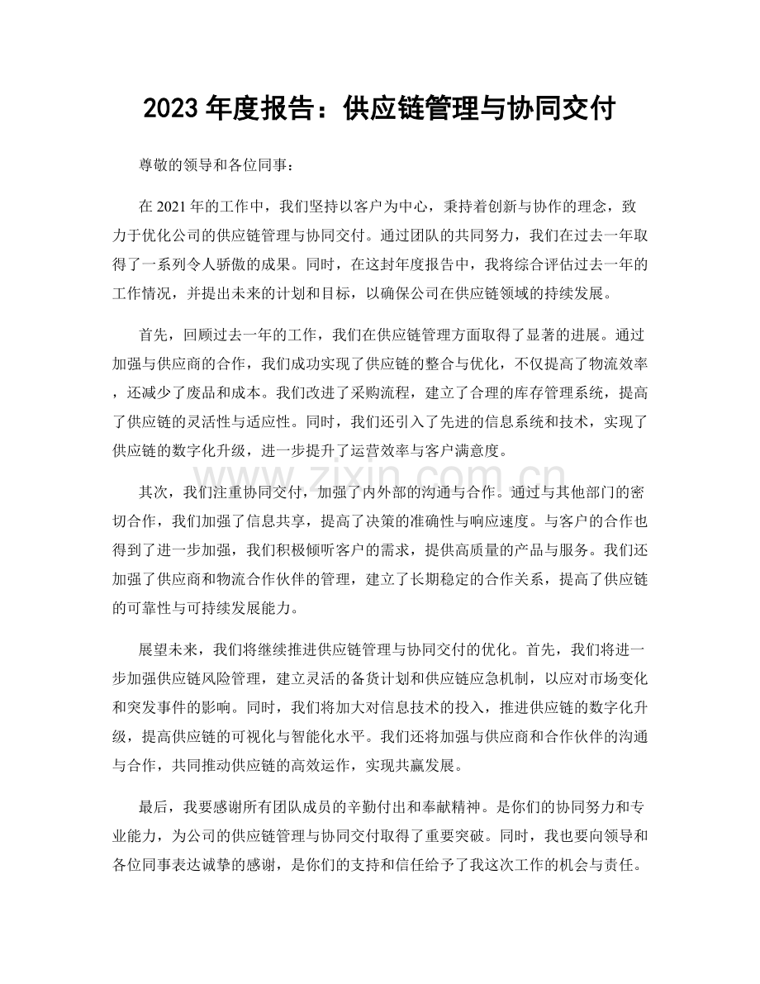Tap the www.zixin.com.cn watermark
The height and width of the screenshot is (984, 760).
(380, 475)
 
